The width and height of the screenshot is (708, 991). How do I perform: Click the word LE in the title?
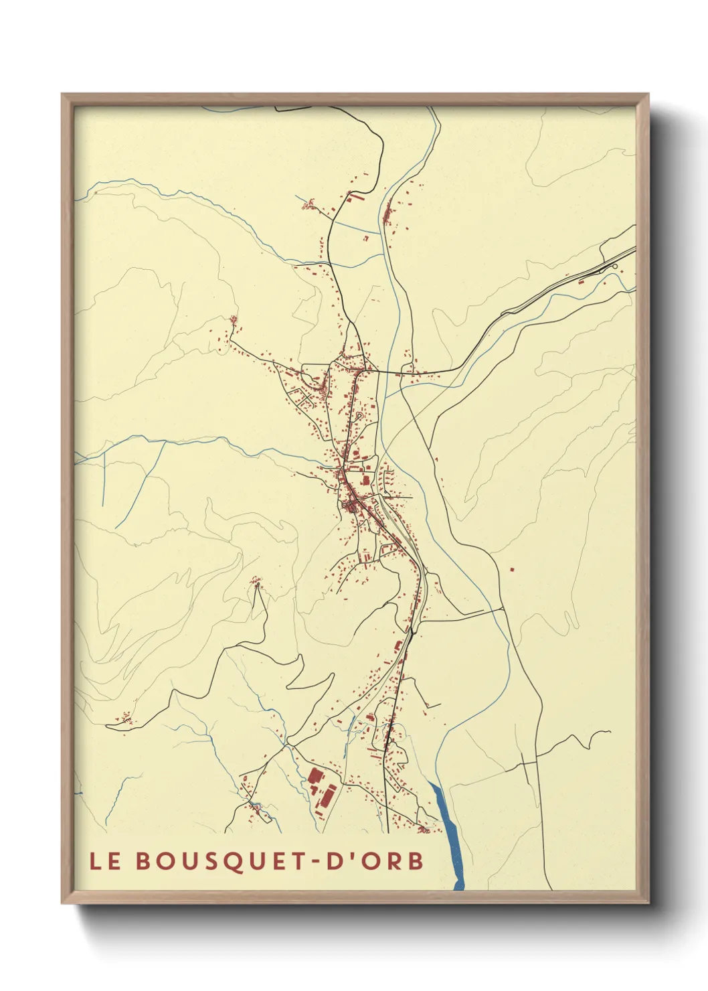click(x=106, y=861)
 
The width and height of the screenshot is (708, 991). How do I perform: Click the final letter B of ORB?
click(x=416, y=861)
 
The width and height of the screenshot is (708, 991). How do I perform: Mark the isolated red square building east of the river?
click(x=512, y=570)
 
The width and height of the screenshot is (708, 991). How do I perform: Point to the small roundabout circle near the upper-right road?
click(x=615, y=268)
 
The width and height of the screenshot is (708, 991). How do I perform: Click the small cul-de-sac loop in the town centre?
click(x=359, y=416)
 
